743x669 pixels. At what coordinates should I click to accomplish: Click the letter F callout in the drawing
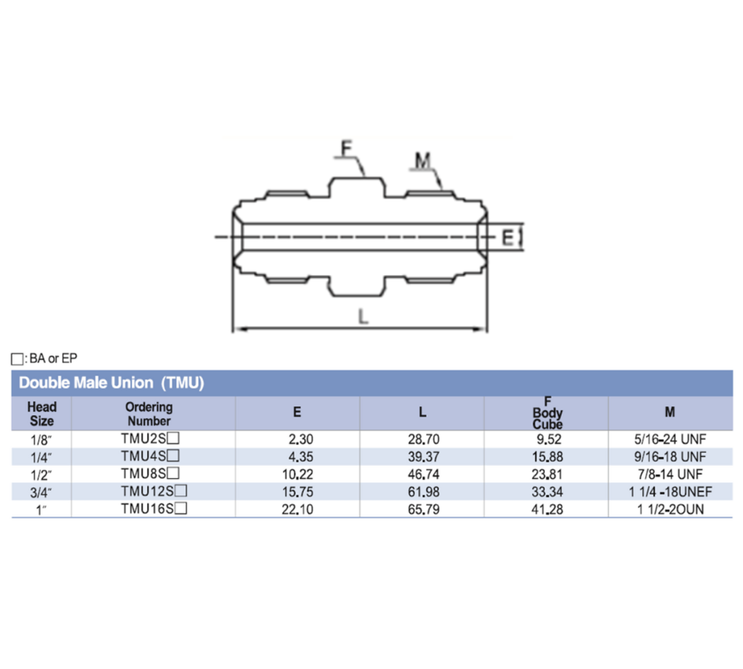pyautogui.click(x=346, y=148)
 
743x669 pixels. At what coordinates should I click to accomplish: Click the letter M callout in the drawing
pyautogui.click(x=422, y=159)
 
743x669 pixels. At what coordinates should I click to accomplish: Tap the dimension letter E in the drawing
pyautogui.click(x=508, y=237)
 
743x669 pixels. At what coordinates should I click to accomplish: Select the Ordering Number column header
pyautogui.click(x=149, y=414)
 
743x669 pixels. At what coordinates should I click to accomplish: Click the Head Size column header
pyautogui.click(x=41, y=414)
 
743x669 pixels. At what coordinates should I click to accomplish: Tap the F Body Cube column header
pyautogui.click(x=547, y=414)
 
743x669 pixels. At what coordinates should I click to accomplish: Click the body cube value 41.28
pyautogui.click(x=548, y=509)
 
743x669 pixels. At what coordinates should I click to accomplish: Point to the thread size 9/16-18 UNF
pyautogui.click(x=670, y=456)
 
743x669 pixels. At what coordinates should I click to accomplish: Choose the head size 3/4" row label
pyautogui.click(x=41, y=492)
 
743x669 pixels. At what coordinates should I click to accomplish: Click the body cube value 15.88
pyautogui.click(x=548, y=456)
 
